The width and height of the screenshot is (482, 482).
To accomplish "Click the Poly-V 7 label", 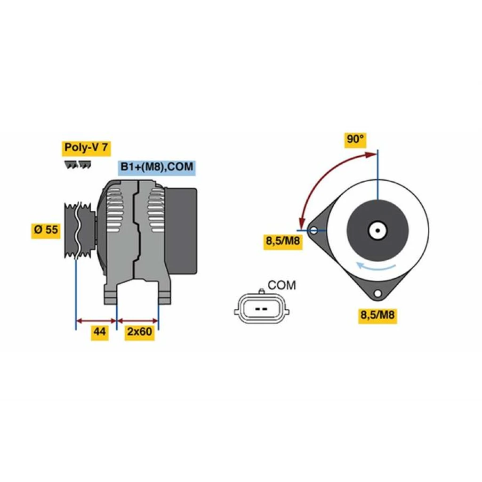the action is point(86,148).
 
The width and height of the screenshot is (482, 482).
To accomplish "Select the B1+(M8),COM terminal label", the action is point(157,167).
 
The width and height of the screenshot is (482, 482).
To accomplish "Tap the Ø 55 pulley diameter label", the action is point(46,230).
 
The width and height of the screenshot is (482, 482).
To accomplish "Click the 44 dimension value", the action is point(100,332).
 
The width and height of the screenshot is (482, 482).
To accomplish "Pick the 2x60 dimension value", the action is point(139,332).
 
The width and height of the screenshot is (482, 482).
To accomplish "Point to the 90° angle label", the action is point(355,139).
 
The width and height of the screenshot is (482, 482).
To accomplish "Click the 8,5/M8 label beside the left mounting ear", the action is point(283,241).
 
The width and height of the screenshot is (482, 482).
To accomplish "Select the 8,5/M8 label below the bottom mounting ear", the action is point(377,315).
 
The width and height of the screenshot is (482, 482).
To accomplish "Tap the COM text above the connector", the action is point(281,286).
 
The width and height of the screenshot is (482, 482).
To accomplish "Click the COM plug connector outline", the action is point(262,308).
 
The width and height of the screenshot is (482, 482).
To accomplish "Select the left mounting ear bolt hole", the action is point(314,230).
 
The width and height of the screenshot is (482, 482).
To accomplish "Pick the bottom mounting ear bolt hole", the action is point(378,293).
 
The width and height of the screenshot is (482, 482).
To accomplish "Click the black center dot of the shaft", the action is point(378,230).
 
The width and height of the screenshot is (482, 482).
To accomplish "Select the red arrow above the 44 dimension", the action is point(96,321).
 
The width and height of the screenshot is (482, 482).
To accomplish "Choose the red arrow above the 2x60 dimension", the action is point(138,321).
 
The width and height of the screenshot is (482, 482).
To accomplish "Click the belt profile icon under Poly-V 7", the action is point(78,165).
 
